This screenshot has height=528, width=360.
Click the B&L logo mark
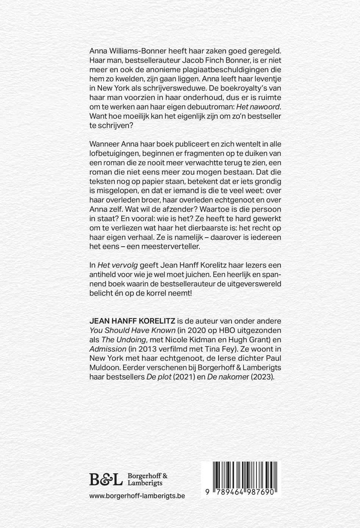[x=106, y=479]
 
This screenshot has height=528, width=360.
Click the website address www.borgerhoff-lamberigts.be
[x=137, y=495]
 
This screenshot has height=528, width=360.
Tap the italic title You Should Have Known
[x=132, y=330]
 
